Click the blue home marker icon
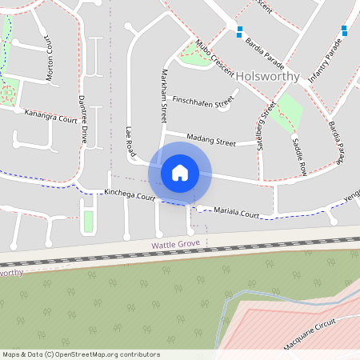coord(180,173)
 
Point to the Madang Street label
coord(211,142)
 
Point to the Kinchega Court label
coord(129,194)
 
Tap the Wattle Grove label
coord(176,243)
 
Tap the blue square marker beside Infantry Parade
coord(345,30)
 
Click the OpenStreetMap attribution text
coord(81,354)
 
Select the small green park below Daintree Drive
coord(88,220)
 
